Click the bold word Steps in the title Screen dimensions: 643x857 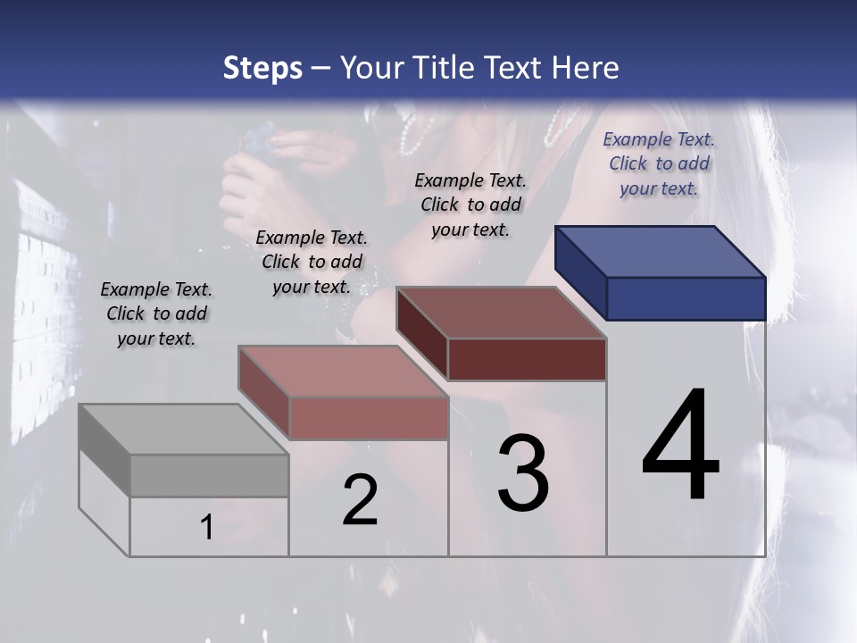coord(262,68)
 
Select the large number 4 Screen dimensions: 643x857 coord(680,447)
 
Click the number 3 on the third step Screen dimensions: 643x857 coord(523,473)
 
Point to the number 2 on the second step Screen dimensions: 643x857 coord(361,500)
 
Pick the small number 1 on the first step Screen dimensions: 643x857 coord(207,528)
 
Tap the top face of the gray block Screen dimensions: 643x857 coord(183,430)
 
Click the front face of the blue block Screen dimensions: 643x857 coord(686,298)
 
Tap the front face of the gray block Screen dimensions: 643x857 coord(209,475)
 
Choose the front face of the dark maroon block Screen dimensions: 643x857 coord(527,359)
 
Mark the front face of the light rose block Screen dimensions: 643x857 coord(368,418)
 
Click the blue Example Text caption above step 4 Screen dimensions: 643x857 coord(659,163)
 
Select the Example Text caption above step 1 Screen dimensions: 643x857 coord(156,313)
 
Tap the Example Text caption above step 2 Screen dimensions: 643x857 coord(312,262)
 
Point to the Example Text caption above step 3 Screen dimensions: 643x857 coord(470,205)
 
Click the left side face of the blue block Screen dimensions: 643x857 coord(580,272)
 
